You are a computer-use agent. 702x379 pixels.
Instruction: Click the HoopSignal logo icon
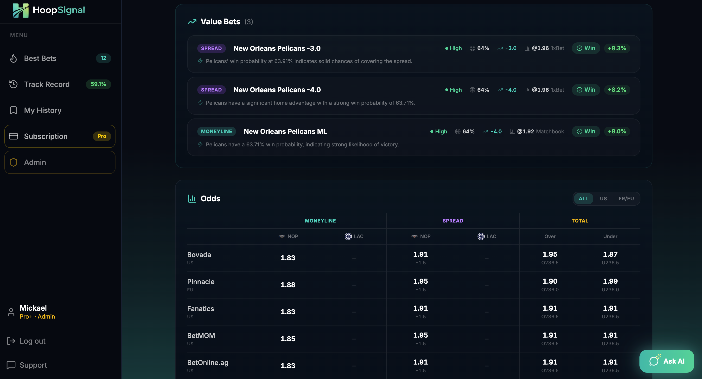tap(20, 10)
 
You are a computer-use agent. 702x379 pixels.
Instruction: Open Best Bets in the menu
tap(40, 58)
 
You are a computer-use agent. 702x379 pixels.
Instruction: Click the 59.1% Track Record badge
tap(98, 84)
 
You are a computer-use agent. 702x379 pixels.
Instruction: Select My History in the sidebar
tap(43, 111)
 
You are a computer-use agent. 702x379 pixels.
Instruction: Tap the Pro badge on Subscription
tap(102, 136)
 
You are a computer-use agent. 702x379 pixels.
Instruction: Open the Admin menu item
tap(35, 163)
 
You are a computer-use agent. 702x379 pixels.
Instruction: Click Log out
tap(32, 341)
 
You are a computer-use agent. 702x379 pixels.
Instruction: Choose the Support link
tap(33, 365)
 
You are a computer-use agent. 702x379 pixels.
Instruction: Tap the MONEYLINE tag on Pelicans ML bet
tap(216, 131)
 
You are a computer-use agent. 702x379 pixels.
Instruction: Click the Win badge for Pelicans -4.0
tap(586, 90)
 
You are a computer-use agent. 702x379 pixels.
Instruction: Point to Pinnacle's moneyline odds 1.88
tap(288, 285)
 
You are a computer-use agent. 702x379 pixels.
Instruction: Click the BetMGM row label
tap(201, 336)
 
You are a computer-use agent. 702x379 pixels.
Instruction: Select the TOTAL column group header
tap(580, 221)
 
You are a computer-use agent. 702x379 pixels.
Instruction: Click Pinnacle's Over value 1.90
tap(550, 281)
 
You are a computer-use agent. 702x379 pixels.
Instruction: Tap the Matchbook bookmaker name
tap(550, 131)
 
